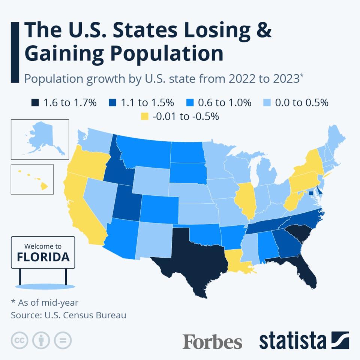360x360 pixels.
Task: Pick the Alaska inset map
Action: [x=40, y=139]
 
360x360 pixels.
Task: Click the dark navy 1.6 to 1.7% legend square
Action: [x=35, y=102]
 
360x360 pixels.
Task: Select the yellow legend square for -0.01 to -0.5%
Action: [x=145, y=116]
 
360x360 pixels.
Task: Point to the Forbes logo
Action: [x=212, y=342]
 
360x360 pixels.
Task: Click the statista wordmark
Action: [x=292, y=341]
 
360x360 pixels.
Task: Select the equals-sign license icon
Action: [x=63, y=340]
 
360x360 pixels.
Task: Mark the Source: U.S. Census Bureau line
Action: [x=69, y=315]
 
